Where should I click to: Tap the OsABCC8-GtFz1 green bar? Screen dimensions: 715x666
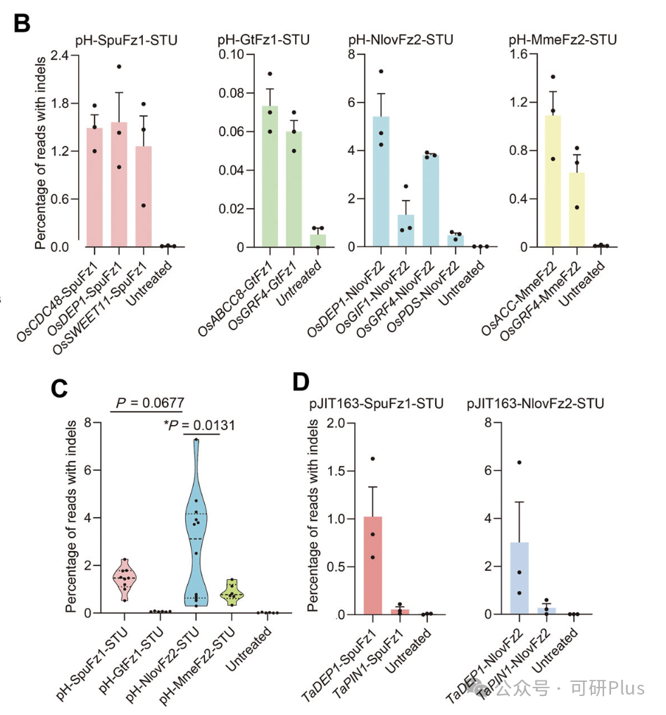pyautogui.click(x=270, y=176)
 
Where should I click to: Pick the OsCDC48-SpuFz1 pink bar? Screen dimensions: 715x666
pyautogui.click(x=94, y=187)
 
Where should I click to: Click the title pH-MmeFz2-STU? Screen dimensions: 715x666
pyautogui.click(x=563, y=40)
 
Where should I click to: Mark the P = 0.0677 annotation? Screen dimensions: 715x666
pyautogui.click(x=150, y=403)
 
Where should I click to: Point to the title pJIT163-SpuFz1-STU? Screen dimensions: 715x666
pyautogui.click(x=377, y=403)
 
